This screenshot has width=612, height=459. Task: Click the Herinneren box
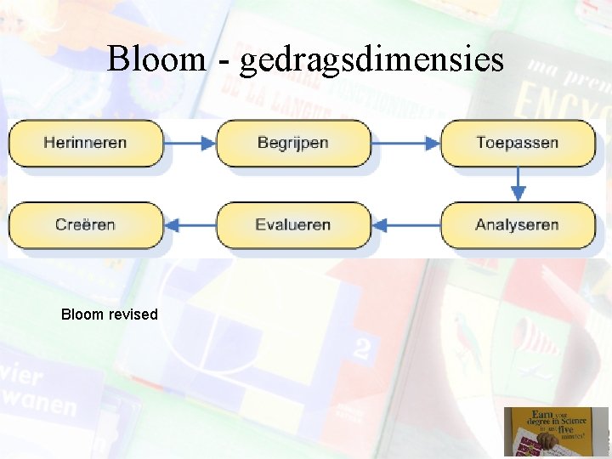pyautogui.click(x=85, y=143)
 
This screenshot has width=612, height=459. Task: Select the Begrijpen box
pyautogui.click(x=293, y=143)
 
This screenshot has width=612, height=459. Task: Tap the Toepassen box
pyautogui.click(x=517, y=143)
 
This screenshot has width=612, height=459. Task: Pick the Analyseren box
pyautogui.click(x=517, y=225)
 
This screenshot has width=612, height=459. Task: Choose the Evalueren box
pyautogui.click(x=293, y=225)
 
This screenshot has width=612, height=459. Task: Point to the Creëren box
pyautogui.click(x=85, y=225)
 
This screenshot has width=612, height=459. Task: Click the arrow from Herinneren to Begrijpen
pyautogui.click(x=190, y=143)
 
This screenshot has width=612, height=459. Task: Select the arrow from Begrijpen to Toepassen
pyautogui.click(x=405, y=143)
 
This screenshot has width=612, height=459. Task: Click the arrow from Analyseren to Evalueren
pyautogui.click(x=405, y=225)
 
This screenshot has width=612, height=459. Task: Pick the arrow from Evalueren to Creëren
pyautogui.click(x=190, y=225)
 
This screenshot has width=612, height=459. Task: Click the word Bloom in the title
pyautogui.click(x=156, y=59)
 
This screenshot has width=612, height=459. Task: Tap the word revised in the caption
pyautogui.click(x=133, y=314)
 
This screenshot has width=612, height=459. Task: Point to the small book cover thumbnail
pyautogui.click(x=556, y=431)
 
